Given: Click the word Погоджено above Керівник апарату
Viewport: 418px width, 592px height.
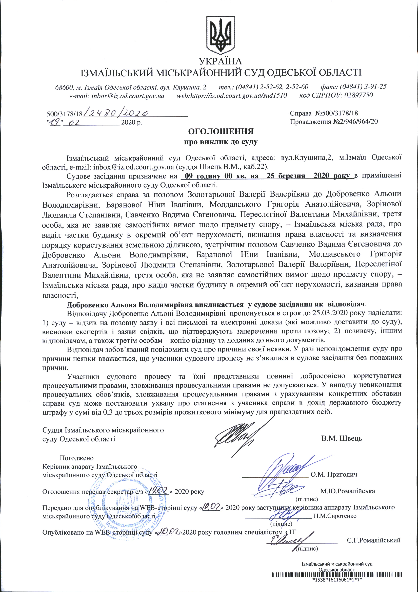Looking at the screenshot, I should click(x=77, y=458).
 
